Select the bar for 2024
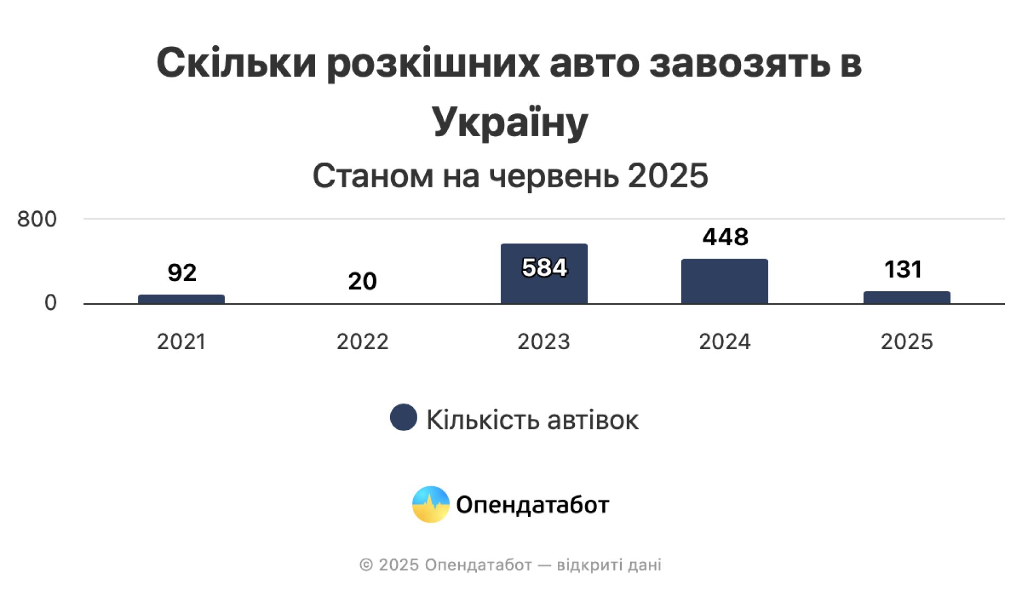(724, 282)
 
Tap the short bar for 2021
(181, 299)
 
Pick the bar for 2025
(906, 297)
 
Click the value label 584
(544, 268)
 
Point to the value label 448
(725, 237)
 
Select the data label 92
(182, 272)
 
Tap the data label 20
(362, 281)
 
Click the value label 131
(903, 269)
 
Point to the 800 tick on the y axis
(37, 219)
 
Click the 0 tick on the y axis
(51, 303)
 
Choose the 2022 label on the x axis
(362, 342)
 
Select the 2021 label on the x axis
(181, 342)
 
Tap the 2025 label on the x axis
(906, 342)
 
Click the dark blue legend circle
(403, 418)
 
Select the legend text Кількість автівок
(532, 420)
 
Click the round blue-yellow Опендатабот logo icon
(431, 504)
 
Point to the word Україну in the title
(510, 122)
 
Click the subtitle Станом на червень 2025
(510, 176)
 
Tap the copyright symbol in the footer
(366, 565)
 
